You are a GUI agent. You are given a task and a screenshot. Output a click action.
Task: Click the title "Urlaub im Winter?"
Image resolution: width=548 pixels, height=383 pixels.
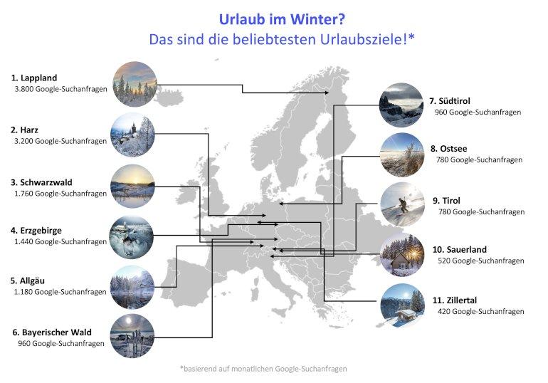pyautogui.click(x=282, y=19)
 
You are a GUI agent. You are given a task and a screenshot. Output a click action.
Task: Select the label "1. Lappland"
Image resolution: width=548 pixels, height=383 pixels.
pyautogui.click(x=34, y=78)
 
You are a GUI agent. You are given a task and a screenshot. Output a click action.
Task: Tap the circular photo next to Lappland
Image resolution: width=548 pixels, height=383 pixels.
pyautogui.click(x=135, y=84)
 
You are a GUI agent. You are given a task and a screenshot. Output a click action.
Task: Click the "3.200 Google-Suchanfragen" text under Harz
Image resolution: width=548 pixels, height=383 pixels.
pyautogui.click(x=60, y=141)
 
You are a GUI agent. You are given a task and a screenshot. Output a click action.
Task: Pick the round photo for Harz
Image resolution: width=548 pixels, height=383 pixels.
pyautogui.click(x=133, y=135)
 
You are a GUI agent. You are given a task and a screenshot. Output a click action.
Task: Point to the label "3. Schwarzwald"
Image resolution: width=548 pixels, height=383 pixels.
pyautogui.click(x=41, y=182)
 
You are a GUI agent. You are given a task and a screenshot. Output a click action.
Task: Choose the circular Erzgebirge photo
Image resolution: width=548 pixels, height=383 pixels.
pyautogui.click(x=132, y=237)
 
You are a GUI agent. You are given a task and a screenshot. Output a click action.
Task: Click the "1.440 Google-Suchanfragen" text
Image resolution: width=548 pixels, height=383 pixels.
pyautogui.click(x=60, y=241)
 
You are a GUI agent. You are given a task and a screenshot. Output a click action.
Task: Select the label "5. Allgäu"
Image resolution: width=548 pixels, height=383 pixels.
pyautogui.click(x=28, y=280)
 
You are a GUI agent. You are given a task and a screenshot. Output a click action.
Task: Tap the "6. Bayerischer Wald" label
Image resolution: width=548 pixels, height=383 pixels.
pyautogui.click(x=52, y=332)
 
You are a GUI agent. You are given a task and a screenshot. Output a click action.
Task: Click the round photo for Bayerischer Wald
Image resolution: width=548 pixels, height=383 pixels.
pyautogui.click(x=132, y=336)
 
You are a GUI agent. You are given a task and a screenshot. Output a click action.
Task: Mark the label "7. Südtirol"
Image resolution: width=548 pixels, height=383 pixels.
pyautogui.click(x=450, y=101)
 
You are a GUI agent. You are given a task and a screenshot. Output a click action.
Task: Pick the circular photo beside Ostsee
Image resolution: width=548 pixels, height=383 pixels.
pyautogui.click(x=402, y=154)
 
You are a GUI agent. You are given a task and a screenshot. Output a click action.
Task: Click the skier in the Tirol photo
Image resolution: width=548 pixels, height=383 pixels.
pyautogui.click(x=404, y=206)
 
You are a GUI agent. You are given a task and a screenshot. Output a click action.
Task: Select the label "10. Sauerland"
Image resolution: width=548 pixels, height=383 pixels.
pyautogui.click(x=460, y=249)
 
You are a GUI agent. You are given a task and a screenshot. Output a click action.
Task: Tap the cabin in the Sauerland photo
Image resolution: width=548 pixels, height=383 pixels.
pyautogui.click(x=402, y=261)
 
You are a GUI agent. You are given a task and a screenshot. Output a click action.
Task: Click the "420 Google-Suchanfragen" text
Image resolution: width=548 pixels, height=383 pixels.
pyautogui.click(x=481, y=311)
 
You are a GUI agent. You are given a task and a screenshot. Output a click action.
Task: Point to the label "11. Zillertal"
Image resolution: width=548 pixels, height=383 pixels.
pyautogui.click(x=455, y=300)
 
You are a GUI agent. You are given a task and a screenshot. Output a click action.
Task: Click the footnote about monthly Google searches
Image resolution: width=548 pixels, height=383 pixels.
pyautogui.click(x=263, y=369)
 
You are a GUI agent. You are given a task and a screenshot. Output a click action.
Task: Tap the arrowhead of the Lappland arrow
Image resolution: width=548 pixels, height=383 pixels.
pyautogui.click(x=327, y=93)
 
